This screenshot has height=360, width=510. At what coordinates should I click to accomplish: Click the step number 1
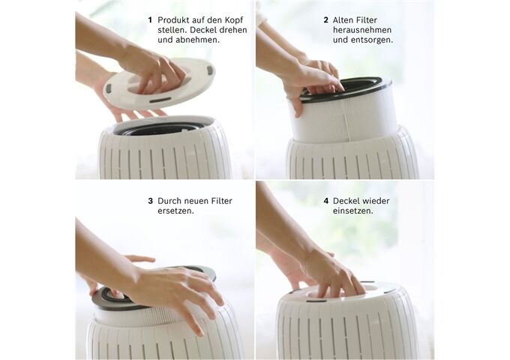click(x=150, y=20)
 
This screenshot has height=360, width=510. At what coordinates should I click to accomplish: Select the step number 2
click(x=326, y=20)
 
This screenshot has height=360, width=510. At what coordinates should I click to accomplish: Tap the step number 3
click(x=150, y=201)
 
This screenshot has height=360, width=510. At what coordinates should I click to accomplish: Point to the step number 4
click(x=326, y=201)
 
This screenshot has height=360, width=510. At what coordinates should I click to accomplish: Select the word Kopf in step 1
click(x=234, y=21)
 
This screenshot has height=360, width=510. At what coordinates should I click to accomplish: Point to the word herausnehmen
click(x=361, y=30)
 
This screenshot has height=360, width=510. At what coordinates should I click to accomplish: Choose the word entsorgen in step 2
click(x=371, y=40)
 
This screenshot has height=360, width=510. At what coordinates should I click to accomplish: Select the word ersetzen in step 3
click(x=175, y=211)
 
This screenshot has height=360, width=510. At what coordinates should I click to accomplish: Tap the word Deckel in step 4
click(x=345, y=201)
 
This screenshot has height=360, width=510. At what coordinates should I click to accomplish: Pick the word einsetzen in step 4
click(x=353, y=211)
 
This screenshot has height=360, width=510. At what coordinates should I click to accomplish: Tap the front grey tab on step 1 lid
click(x=160, y=100)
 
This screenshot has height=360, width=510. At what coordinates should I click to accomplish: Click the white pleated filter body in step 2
click(x=345, y=120)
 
